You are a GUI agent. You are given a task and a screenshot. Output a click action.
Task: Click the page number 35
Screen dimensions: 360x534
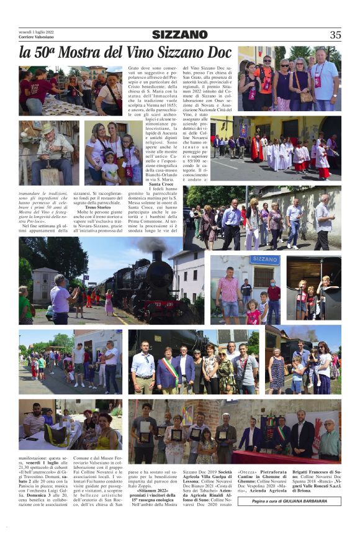pos(335,35)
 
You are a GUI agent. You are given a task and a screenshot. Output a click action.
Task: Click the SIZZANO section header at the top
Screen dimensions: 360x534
pos(180,35)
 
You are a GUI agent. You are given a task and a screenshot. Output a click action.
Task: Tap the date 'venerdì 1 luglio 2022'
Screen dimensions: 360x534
pos(37,30)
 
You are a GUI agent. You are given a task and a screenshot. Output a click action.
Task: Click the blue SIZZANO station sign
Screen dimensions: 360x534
pos(265,260)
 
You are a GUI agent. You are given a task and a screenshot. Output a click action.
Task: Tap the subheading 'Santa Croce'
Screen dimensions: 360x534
pos(161,184)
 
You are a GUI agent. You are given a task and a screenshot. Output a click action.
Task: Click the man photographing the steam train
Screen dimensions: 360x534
pos(61,298)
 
